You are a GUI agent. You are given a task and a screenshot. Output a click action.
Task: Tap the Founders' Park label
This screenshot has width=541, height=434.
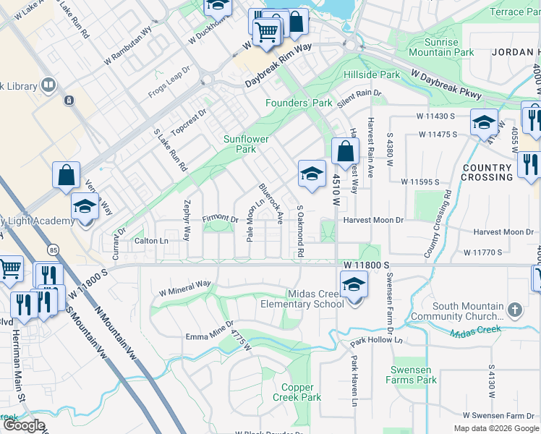click(299, 103)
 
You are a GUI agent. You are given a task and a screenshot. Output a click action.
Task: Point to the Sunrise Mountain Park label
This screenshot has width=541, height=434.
click(441, 47)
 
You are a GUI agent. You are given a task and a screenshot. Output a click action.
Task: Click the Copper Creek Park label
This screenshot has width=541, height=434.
click(297, 393)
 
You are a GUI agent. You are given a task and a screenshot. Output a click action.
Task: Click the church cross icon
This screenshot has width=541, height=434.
click(514, 310)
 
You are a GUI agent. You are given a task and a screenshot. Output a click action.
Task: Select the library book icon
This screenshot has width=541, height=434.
click(48, 86)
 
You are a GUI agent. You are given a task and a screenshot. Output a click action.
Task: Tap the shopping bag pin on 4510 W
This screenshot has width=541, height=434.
click(346, 153)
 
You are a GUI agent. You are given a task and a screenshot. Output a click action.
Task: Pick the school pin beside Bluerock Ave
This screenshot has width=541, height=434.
click(312, 175)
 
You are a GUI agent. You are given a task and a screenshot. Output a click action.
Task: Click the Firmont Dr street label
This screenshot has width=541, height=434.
click(220, 218)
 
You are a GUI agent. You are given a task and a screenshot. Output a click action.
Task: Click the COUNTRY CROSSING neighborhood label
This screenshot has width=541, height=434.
click(487, 172)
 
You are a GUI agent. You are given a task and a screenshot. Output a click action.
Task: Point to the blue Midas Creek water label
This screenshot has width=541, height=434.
click(474, 331)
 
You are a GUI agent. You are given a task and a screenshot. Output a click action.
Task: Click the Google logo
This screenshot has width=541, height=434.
click(24, 425)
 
